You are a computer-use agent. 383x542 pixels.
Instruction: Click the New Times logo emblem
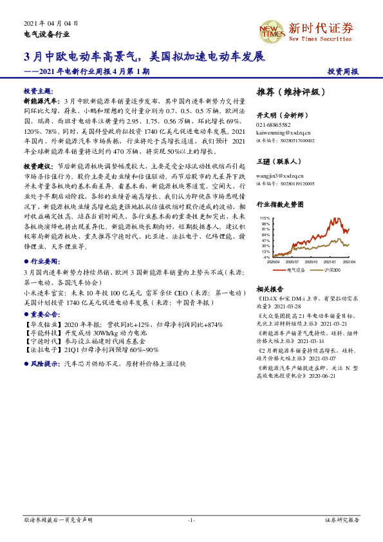tap(272, 30)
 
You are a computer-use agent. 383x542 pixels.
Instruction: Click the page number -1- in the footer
tap(191, 519)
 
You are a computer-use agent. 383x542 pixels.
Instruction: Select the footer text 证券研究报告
tap(342, 519)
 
